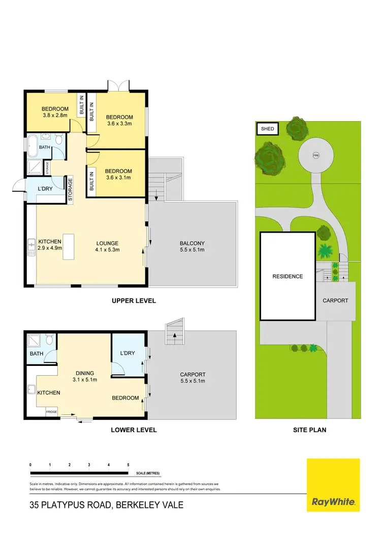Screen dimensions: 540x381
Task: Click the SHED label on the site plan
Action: coord(267,129)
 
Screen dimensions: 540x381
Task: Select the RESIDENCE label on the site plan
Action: coord(288,276)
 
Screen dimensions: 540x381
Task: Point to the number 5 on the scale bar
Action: coord(128,465)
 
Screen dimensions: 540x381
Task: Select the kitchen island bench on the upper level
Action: coord(68,246)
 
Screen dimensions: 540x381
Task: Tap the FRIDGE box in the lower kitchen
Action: coord(52,411)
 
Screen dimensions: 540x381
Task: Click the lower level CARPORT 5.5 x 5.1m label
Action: coord(192,377)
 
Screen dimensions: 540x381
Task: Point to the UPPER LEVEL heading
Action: coord(134,301)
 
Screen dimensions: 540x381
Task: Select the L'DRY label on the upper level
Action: coord(46,189)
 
